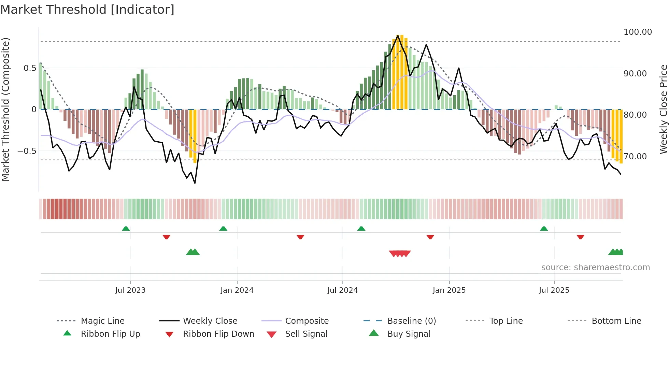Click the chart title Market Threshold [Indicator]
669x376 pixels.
[x=87, y=10]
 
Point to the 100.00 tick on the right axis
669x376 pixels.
[x=637, y=32]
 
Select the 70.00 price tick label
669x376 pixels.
[x=635, y=157]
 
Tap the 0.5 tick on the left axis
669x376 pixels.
[x=30, y=68]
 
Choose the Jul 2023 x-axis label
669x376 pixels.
[x=130, y=290]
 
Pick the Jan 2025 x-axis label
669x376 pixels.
[x=449, y=290]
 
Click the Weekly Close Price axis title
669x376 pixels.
[x=663, y=109]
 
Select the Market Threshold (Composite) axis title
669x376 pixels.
[x=5, y=109]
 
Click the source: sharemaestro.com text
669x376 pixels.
[x=595, y=267]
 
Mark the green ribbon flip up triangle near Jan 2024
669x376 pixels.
[x=223, y=229]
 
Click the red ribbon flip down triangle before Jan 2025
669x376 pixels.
[x=430, y=237]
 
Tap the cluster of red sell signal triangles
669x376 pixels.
[x=400, y=254]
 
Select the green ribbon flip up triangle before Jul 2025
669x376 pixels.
[x=544, y=229]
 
